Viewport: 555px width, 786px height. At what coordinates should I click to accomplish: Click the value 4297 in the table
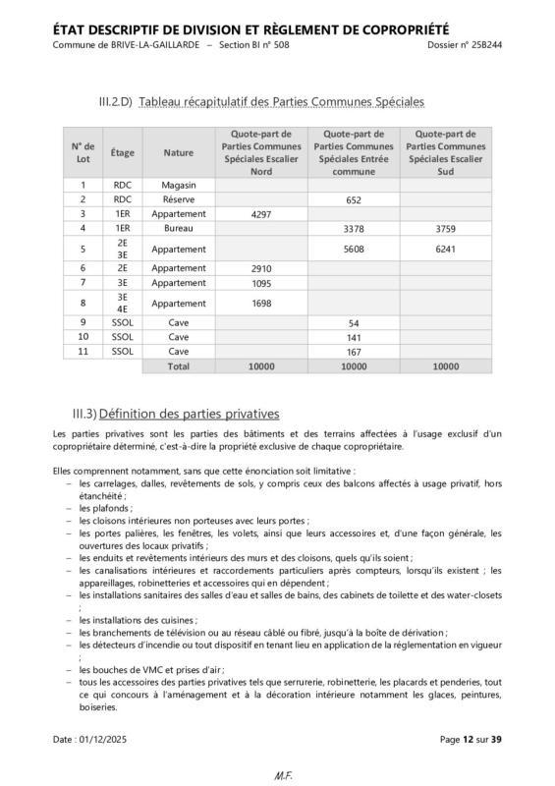(261, 213)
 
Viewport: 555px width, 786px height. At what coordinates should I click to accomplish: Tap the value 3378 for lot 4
(354, 228)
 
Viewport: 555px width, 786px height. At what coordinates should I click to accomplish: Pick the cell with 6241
(446, 250)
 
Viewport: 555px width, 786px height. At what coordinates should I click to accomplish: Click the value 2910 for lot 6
(261, 267)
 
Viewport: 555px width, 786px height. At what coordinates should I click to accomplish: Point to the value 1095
(261, 282)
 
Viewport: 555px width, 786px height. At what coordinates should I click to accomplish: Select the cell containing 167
(354, 351)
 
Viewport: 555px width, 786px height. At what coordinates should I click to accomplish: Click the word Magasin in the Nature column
(179, 185)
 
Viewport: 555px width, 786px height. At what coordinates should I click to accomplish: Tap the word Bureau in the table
(179, 228)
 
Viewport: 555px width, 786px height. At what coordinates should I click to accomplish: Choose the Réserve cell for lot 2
(179, 199)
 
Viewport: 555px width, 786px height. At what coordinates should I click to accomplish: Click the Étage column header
(123, 152)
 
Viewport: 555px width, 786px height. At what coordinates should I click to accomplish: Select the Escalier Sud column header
(446, 152)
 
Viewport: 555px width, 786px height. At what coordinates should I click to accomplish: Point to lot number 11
(83, 351)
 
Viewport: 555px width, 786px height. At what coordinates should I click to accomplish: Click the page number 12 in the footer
(470, 738)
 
